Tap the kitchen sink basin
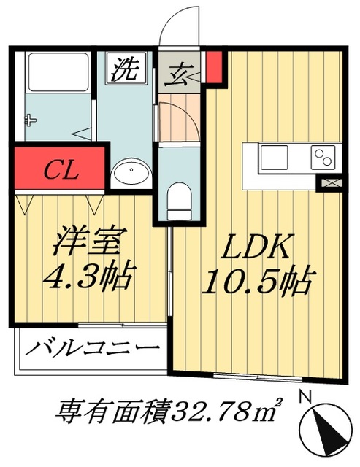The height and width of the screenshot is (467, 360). pos(275,156)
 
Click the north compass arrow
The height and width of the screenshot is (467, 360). pos(326,428)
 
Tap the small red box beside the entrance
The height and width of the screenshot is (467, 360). pos(212,66)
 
